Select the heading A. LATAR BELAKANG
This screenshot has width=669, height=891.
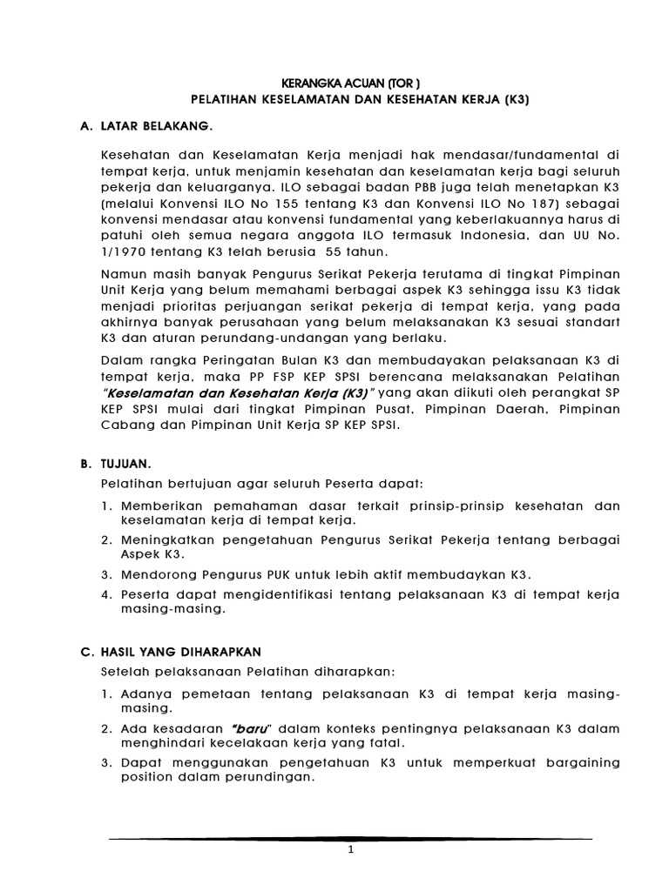pos(145,126)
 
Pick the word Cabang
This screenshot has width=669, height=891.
pos(127,425)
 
